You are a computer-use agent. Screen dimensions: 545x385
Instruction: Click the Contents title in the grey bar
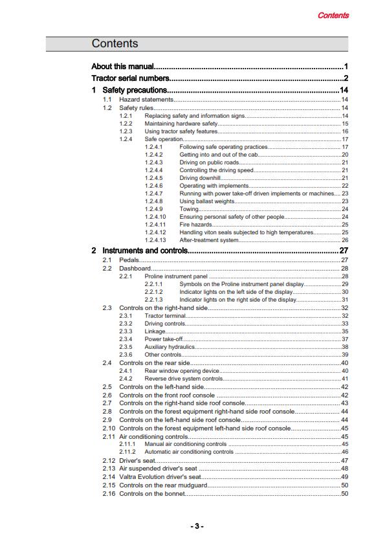[x=115, y=43]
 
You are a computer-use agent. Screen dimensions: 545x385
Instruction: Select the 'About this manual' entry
[x=123, y=67]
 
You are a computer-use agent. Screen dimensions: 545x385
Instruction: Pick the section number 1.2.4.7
[x=153, y=193]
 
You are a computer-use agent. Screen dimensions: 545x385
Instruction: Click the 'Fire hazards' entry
[x=195, y=224]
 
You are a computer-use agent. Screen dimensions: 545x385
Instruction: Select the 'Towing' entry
[x=189, y=208]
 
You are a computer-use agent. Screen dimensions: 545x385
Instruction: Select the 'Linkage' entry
[x=155, y=331]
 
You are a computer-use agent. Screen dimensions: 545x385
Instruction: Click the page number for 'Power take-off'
[x=345, y=339]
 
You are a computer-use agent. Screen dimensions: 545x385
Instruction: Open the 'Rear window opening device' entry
[x=182, y=371]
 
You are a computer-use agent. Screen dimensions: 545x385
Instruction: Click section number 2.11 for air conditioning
[x=109, y=436]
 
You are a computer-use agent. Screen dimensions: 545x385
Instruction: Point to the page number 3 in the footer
[x=196, y=526]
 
